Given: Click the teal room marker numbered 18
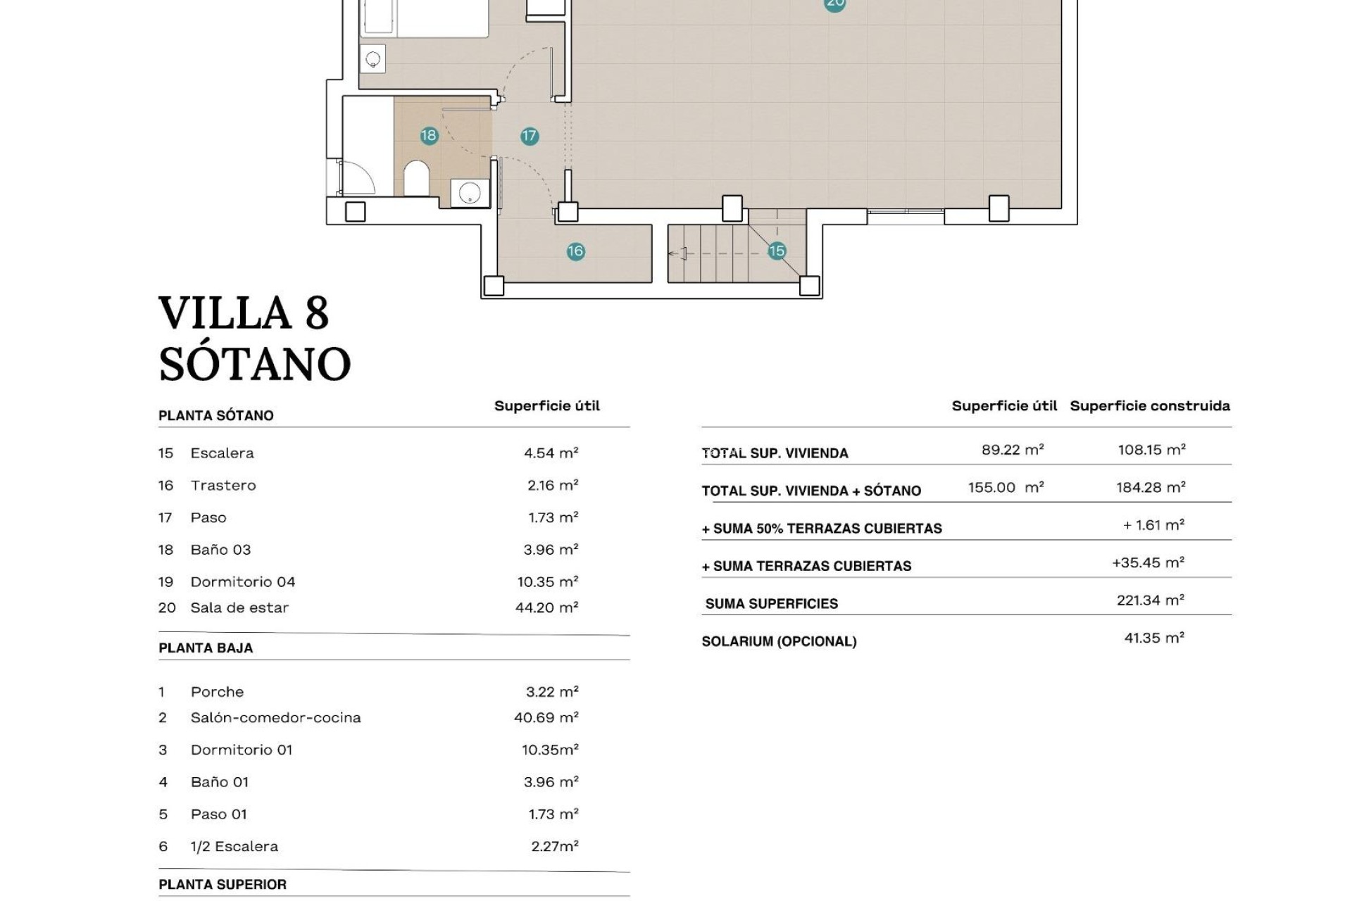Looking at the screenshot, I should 429,135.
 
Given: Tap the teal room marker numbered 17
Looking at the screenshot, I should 530,136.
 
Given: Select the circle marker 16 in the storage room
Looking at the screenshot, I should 575,251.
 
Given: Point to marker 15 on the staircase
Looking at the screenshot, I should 777,251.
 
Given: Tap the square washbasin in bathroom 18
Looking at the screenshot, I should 470,192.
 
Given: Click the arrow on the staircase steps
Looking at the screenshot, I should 677,254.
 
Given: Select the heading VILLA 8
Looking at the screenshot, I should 244,313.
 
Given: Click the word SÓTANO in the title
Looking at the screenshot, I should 254,364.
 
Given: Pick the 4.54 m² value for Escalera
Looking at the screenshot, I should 551,453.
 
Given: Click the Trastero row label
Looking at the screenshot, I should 223,486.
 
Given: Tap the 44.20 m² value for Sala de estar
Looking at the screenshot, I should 546,607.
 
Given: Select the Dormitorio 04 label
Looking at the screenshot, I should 242,582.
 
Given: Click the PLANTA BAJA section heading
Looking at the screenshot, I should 206,648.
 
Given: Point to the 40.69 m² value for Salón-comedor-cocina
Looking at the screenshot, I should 546,718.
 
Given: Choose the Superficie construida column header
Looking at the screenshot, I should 1150,406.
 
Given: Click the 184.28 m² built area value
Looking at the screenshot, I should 1151,487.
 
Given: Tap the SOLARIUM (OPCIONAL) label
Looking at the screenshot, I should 779,641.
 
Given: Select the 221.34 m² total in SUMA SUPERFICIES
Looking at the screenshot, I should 1151,600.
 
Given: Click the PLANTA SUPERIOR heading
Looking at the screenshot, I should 223,885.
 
